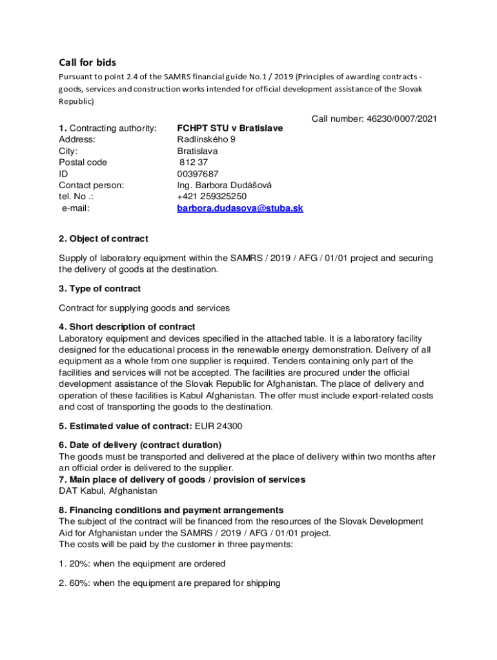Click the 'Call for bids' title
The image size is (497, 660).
pyautogui.click(x=88, y=63)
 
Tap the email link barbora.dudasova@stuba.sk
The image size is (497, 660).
pyautogui.click(x=240, y=208)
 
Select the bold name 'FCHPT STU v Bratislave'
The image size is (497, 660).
pyautogui.click(x=230, y=128)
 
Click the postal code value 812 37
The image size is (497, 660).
pyautogui.click(x=194, y=162)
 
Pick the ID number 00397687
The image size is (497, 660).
pyautogui.click(x=198, y=174)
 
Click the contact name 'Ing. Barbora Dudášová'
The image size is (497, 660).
pyautogui.click(x=224, y=185)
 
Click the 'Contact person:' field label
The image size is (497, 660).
pyautogui.click(x=92, y=185)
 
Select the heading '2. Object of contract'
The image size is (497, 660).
pyautogui.click(x=103, y=239)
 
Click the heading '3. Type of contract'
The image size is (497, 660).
pyautogui.click(x=99, y=288)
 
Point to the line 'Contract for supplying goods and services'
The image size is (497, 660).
pyautogui.click(x=144, y=308)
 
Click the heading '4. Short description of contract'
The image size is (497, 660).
pyautogui.click(x=127, y=327)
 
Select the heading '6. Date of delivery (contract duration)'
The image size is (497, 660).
pyautogui.click(x=140, y=445)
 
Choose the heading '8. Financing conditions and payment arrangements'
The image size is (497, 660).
pyautogui.click(x=170, y=510)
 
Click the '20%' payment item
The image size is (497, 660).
pyautogui.click(x=141, y=563)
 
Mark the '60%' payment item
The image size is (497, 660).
pyautogui.click(x=169, y=583)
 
